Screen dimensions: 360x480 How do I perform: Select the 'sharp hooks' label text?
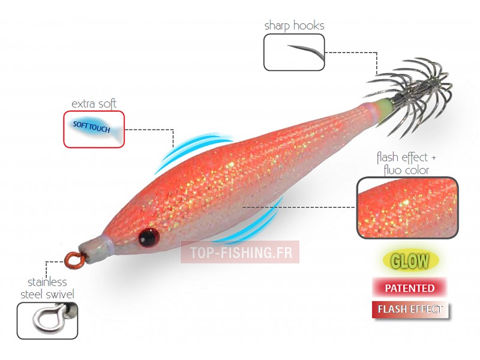click(294, 25)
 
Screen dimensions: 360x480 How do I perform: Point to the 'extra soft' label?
click(94, 104)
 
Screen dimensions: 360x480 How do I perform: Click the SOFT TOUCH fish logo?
click(94, 127)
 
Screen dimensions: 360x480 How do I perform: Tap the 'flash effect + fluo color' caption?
click(403, 163)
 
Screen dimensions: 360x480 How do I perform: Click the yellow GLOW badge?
click(410, 261)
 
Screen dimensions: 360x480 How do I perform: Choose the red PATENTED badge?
click(409, 288)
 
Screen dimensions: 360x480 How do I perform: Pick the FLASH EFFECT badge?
click(410, 310)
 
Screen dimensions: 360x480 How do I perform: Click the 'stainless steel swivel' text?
click(47, 288)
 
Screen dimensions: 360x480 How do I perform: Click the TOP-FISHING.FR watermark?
click(239, 253)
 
